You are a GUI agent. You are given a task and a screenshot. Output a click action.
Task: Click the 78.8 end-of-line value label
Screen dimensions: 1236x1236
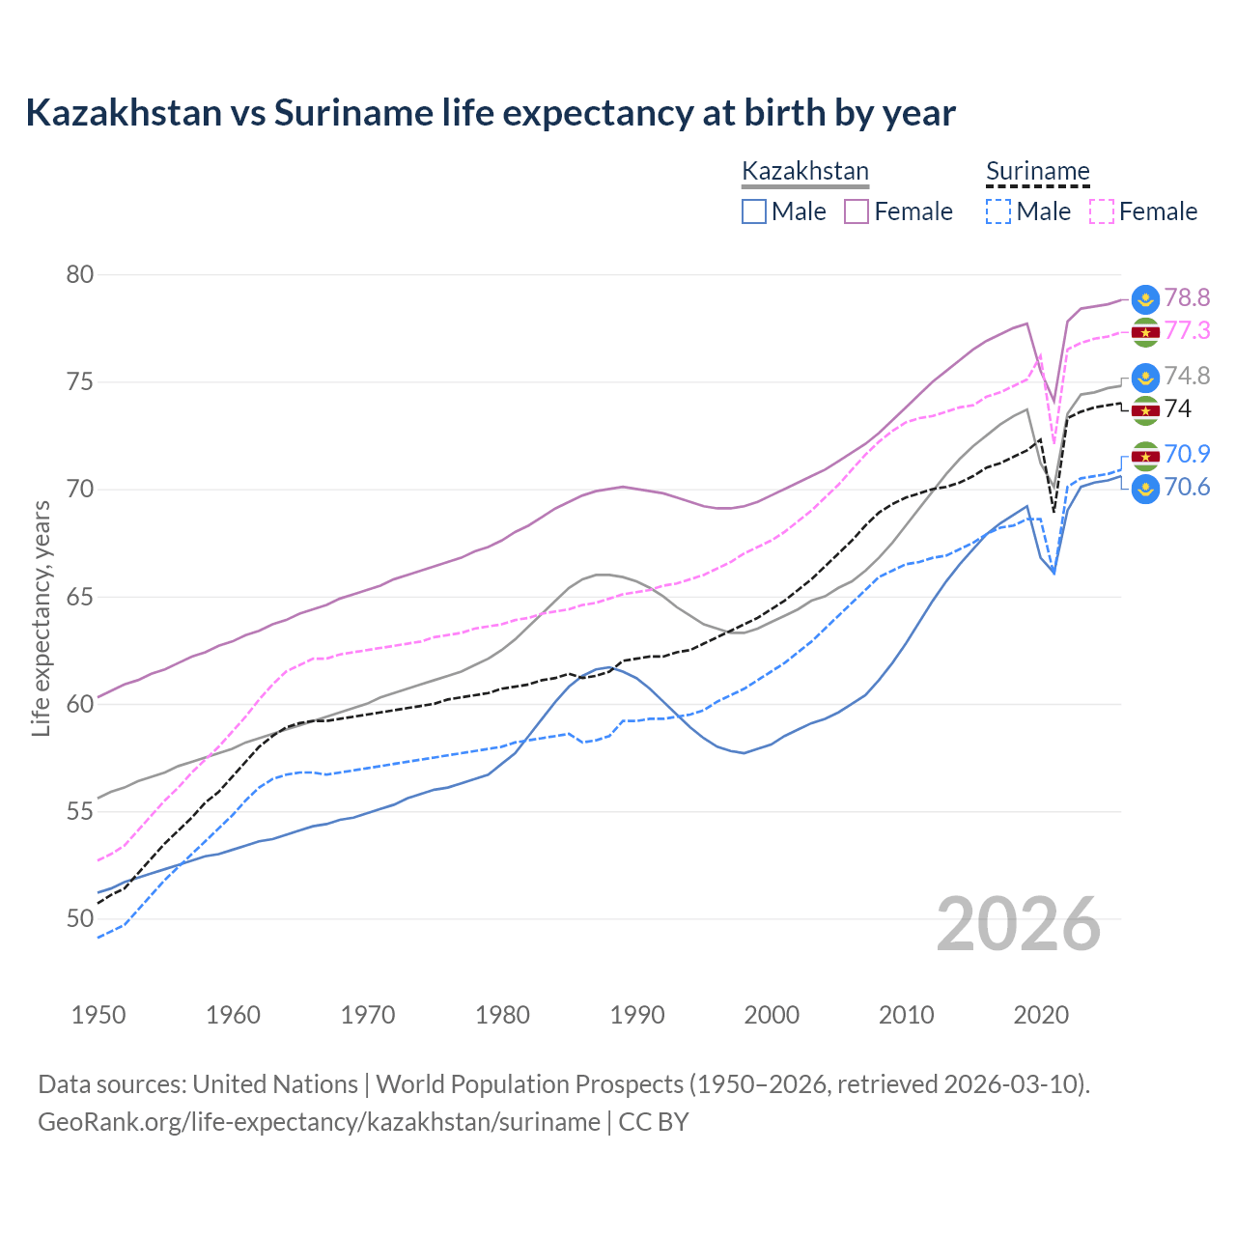tap(1187, 298)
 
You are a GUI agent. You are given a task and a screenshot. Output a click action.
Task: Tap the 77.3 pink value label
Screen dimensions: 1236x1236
tap(1187, 331)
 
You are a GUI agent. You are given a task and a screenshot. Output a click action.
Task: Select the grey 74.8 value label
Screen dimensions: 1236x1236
tap(1187, 377)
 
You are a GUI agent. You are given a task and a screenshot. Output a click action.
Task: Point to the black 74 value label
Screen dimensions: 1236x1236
tap(1178, 409)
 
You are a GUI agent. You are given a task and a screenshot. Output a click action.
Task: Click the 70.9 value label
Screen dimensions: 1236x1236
tap(1187, 455)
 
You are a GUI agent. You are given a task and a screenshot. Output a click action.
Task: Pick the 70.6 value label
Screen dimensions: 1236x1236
tap(1187, 488)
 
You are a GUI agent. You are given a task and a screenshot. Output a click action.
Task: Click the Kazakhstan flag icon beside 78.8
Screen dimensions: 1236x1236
tap(1145, 299)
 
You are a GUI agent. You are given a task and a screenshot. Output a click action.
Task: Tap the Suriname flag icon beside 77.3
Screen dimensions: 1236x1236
tap(1145, 332)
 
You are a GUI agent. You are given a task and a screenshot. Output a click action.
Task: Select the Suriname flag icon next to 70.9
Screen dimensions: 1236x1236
tap(1145, 456)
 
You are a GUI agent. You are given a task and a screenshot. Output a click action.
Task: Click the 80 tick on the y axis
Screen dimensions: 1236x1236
tap(80, 275)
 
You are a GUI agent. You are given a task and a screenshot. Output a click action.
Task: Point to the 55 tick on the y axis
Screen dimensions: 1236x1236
tap(80, 812)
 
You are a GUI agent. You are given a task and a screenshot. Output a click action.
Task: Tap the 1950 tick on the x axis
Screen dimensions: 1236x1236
tap(98, 1015)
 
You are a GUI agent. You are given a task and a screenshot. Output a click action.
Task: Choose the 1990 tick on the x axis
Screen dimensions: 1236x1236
tap(637, 1015)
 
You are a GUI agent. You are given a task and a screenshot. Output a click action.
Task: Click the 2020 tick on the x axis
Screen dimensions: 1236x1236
tap(1041, 1015)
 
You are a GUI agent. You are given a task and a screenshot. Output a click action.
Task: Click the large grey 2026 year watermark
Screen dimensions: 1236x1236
tap(1018, 924)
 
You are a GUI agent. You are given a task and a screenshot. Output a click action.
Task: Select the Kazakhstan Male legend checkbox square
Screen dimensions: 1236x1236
tap(754, 211)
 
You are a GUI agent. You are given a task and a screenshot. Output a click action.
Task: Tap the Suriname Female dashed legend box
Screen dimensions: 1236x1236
tap(1101, 211)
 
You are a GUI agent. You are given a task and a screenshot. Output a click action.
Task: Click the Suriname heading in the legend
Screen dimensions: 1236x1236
tap(1037, 172)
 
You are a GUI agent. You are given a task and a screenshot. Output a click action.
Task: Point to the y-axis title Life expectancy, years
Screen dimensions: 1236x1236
tap(42, 618)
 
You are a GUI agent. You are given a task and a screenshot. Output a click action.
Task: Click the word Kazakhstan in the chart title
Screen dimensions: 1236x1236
tap(124, 113)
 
